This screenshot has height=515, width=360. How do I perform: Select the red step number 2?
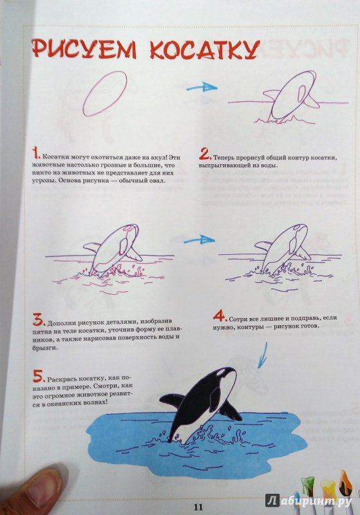[x=205, y=153]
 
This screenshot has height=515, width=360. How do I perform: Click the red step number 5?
[x=39, y=377]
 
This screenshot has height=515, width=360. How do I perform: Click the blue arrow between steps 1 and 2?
[x=202, y=88]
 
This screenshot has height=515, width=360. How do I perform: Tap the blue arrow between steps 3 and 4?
[x=199, y=240]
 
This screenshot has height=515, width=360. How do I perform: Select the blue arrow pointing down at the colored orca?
[x=263, y=357]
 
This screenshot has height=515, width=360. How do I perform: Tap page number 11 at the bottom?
[x=198, y=506]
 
